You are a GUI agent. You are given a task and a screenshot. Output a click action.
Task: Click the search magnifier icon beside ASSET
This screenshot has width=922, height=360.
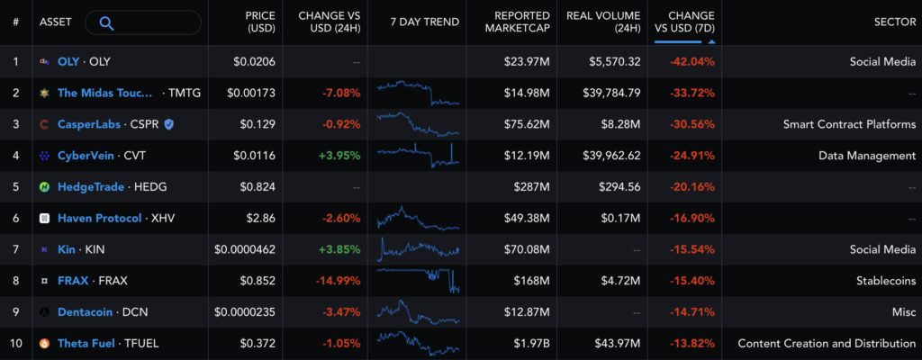click(x=106, y=22)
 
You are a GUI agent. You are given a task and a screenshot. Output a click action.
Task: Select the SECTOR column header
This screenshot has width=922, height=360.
click(x=894, y=22)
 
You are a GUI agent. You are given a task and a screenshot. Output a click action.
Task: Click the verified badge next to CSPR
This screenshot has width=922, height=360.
click(x=168, y=124)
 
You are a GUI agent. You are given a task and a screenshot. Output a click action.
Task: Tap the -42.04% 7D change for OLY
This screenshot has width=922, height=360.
click(x=691, y=62)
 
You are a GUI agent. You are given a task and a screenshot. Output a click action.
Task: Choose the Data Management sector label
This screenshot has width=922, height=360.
click(x=867, y=156)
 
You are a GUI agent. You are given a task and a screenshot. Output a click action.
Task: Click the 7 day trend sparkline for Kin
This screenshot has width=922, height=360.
click(x=419, y=248)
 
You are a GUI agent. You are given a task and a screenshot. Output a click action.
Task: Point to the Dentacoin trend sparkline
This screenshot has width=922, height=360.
click(x=419, y=311)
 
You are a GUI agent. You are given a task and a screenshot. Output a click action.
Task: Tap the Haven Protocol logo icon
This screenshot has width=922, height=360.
click(x=44, y=218)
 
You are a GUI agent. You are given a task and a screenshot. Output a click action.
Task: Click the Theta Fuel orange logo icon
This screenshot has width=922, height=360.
click(x=44, y=343)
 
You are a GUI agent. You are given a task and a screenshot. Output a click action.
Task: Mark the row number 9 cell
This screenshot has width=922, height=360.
click(x=15, y=311)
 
